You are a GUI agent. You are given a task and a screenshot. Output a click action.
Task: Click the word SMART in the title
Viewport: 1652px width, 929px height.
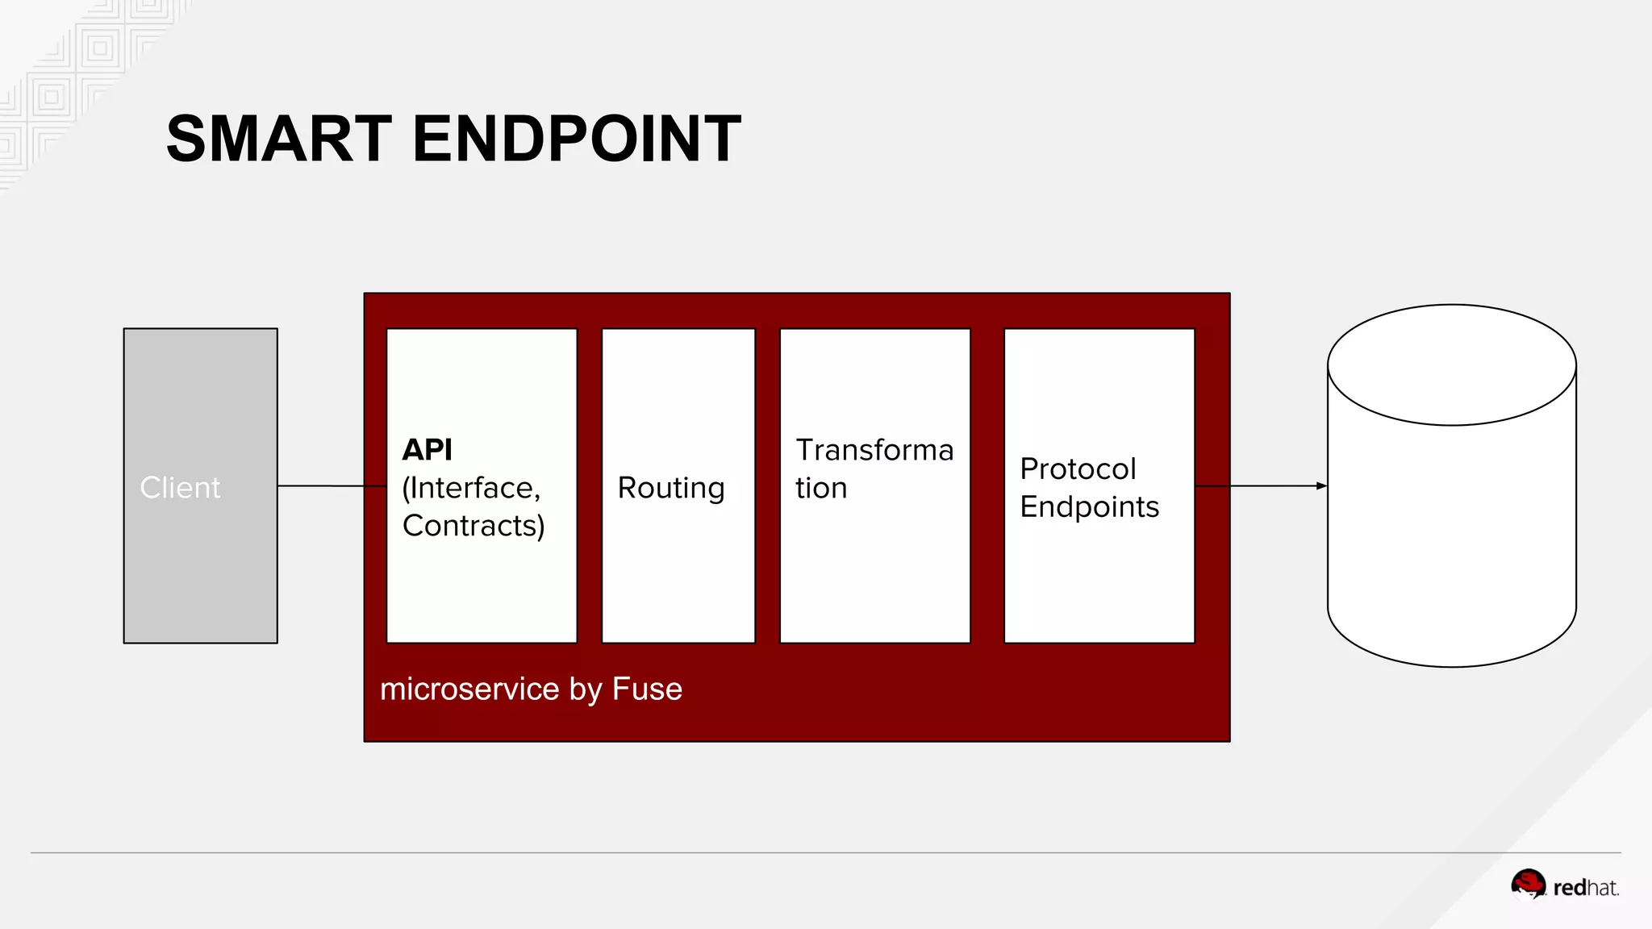point(279,139)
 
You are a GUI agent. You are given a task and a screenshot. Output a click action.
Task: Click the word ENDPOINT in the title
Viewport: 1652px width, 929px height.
point(577,139)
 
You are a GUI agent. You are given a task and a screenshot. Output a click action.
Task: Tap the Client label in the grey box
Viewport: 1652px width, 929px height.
point(180,488)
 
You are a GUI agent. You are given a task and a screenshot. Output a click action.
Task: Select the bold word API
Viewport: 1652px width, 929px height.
point(428,450)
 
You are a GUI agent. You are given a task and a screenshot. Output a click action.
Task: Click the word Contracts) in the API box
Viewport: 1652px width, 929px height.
point(473,526)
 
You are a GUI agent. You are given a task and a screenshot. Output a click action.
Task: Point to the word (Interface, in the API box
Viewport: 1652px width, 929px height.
point(471,488)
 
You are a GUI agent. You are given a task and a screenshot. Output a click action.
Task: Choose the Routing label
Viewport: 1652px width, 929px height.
point(671,488)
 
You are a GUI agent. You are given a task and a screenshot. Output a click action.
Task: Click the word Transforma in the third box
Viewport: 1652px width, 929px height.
point(874,450)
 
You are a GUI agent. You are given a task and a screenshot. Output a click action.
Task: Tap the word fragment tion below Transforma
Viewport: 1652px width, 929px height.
point(821,488)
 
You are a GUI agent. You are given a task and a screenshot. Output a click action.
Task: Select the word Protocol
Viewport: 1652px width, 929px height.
point(1078,469)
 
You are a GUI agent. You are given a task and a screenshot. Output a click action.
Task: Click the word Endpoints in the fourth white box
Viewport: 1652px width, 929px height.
point(1089,506)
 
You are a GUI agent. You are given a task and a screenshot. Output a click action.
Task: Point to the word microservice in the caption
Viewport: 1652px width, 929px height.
point(469,689)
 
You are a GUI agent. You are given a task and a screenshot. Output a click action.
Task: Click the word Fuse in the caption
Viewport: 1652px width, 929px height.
point(647,689)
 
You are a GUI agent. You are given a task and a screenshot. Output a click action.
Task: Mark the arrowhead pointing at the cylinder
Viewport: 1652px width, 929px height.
point(1321,485)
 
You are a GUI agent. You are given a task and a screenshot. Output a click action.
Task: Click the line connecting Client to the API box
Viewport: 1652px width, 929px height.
point(331,485)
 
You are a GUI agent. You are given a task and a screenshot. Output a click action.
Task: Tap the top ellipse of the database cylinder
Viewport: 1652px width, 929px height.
point(1452,365)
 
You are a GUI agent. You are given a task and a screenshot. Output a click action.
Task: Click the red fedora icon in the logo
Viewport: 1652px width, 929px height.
point(1528,884)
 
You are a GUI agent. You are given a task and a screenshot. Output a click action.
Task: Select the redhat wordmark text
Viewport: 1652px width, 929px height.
point(1586,888)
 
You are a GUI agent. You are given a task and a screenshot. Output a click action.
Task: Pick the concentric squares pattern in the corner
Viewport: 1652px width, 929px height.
point(100,48)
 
